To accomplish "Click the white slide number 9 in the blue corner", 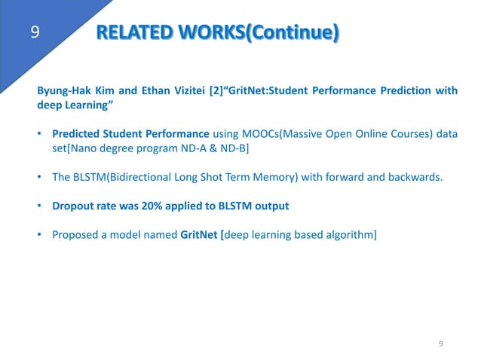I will point(35,32).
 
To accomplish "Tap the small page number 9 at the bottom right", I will point(441,343).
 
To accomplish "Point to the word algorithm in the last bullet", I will point(347,234).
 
